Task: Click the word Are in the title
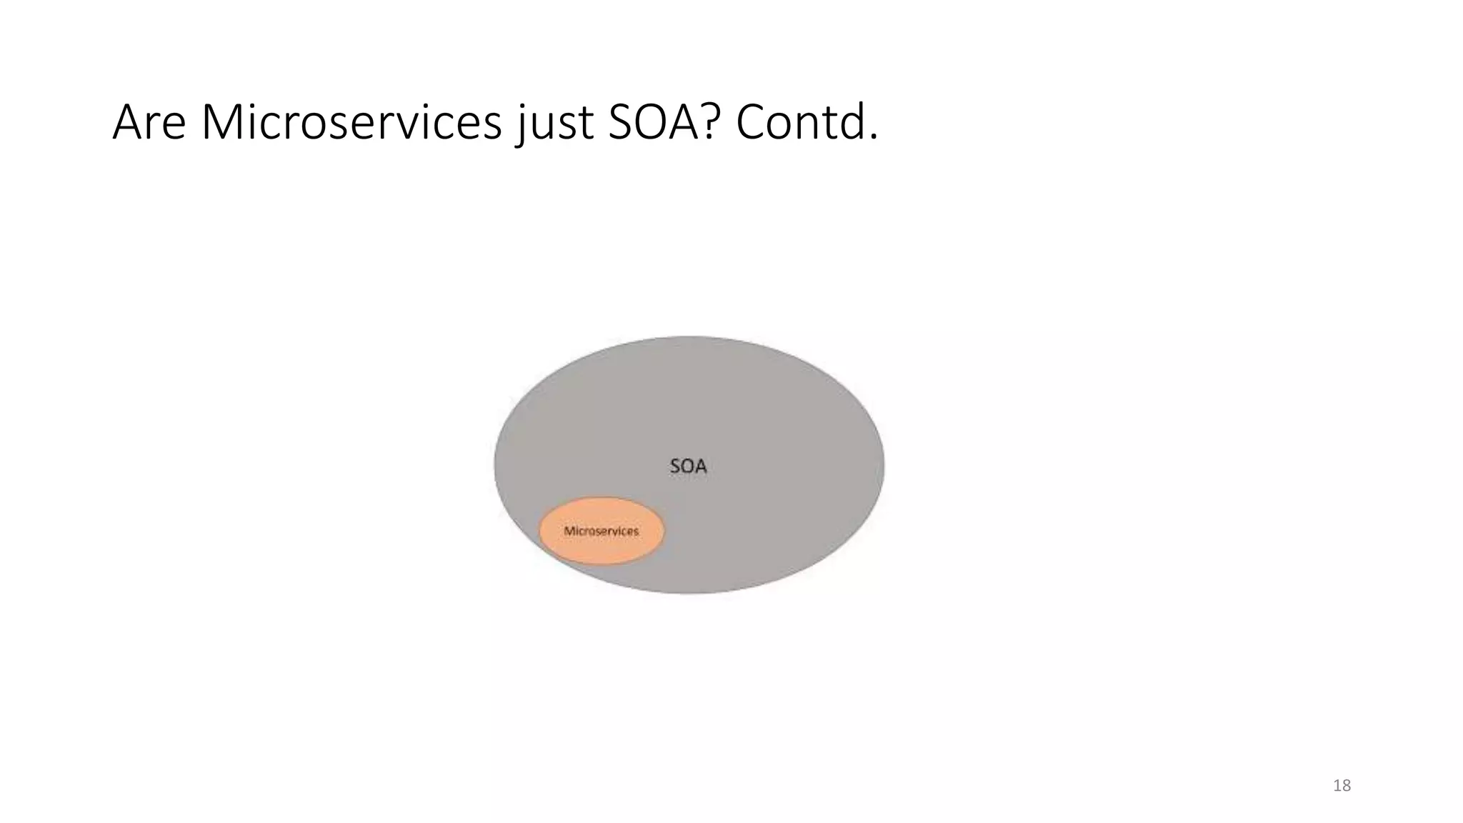[149, 122]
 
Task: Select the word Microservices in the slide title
[351, 122]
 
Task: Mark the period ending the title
[873, 137]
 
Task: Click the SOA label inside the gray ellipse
[688, 467]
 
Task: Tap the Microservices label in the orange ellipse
[601, 532]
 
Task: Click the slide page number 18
[1342, 786]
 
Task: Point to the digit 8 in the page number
[1347, 786]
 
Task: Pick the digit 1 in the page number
[1337, 786]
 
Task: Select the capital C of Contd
[751, 122]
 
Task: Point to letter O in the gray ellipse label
[687, 467]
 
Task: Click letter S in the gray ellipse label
[675, 467]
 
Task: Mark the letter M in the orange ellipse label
[569, 532]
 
